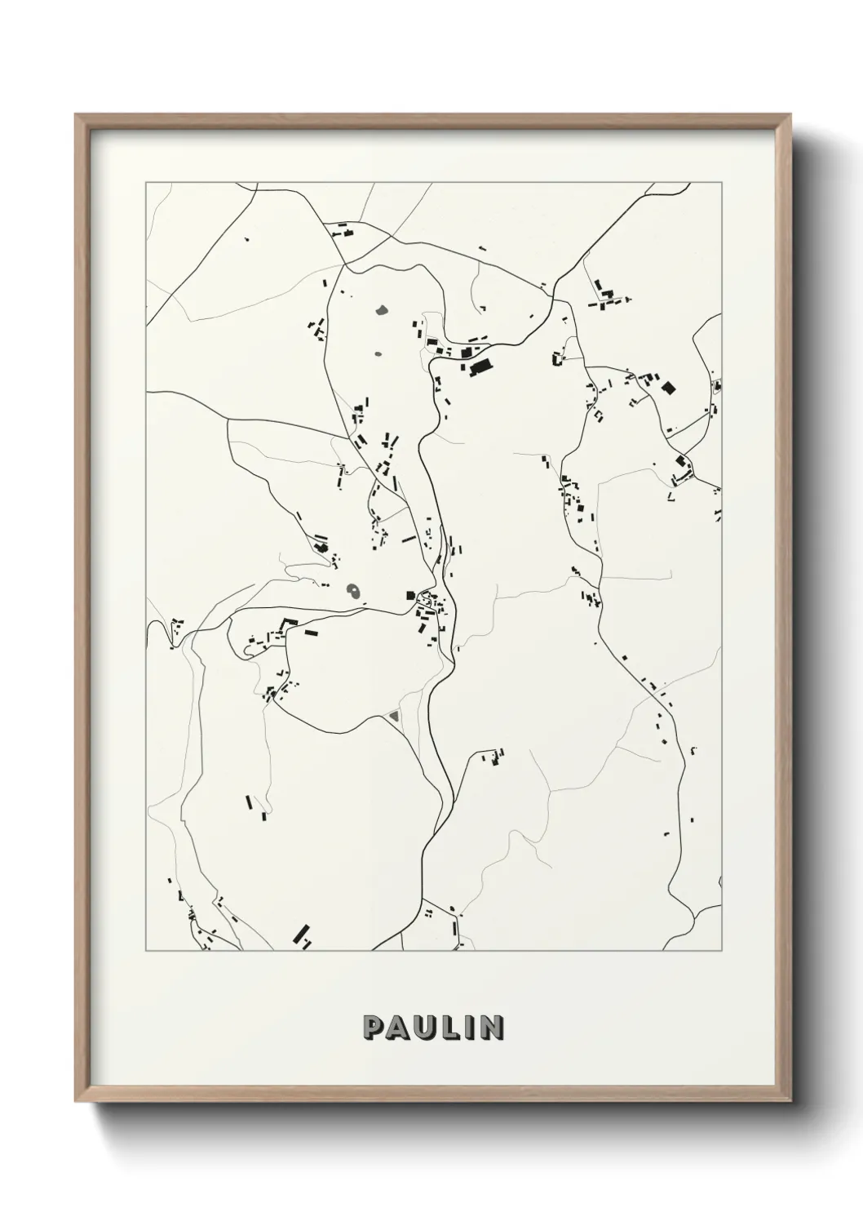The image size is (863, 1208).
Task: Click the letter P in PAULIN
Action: (373, 1028)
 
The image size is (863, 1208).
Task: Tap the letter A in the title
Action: (397, 1028)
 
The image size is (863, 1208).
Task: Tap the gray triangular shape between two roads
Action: (394, 716)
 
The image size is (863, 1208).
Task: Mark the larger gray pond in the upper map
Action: (381, 310)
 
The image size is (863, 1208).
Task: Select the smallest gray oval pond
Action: (377, 354)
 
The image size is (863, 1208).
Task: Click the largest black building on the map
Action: (481, 366)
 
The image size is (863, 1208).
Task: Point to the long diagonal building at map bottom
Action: (303, 936)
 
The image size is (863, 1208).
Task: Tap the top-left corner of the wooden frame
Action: (76, 115)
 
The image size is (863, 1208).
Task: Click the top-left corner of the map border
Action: (146, 183)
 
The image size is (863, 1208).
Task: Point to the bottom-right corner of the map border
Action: (721, 951)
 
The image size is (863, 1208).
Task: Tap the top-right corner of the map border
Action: (721, 183)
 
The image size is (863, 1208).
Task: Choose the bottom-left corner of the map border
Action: (146, 951)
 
